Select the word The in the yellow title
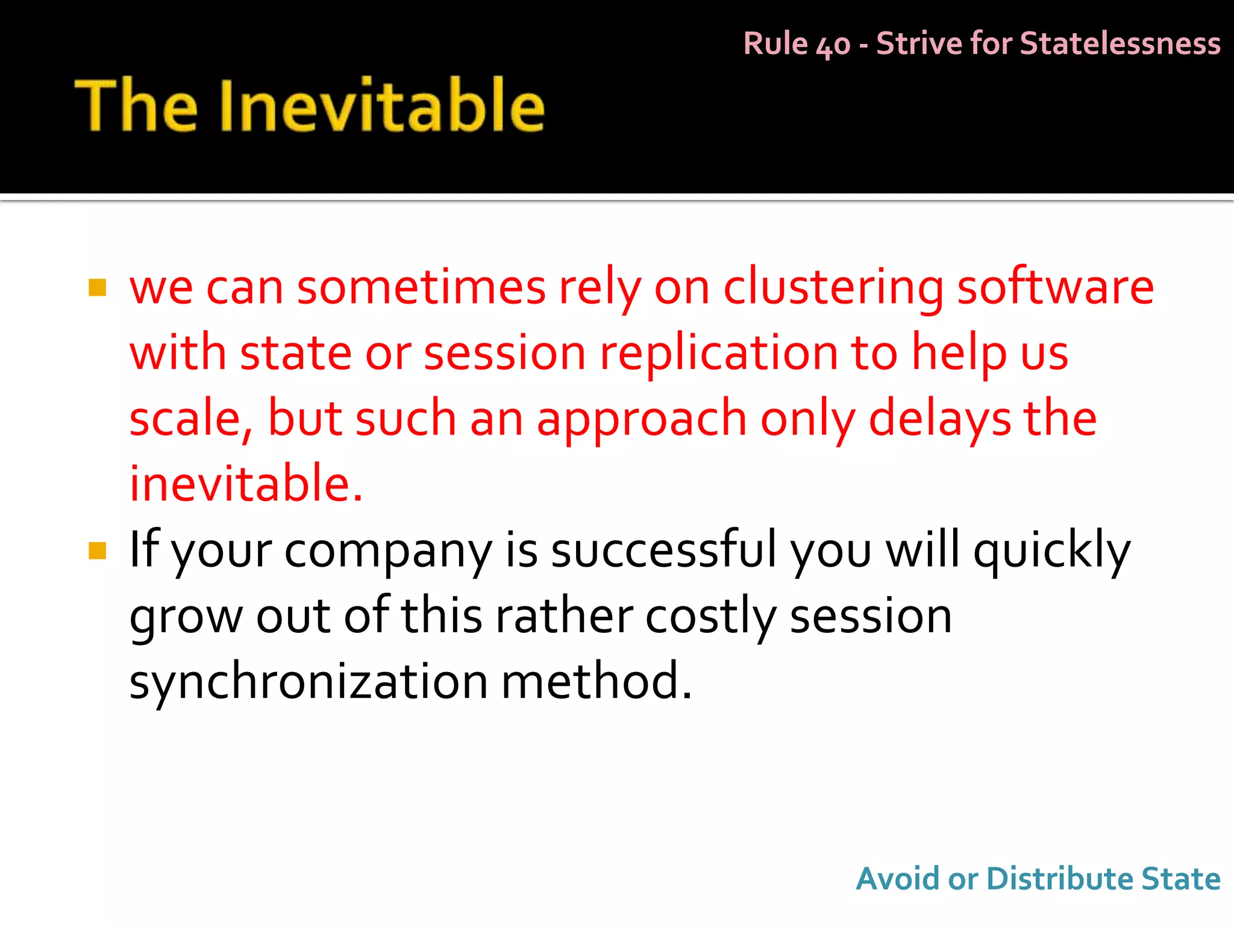(137, 106)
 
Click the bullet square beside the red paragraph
(97, 288)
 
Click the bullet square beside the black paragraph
(97, 550)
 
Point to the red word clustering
(833, 288)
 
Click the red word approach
(641, 420)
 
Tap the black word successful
(663, 549)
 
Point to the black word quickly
(1051, 550)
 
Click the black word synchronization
(308, 682)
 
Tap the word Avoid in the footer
(897, 879)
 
